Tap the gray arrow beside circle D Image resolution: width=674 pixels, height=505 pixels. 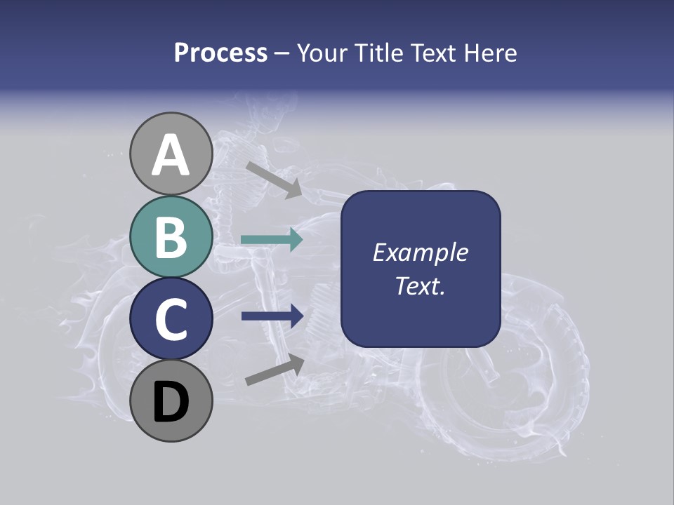(x=274, y=371)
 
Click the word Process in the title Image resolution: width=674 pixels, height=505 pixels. (x=220, y=53)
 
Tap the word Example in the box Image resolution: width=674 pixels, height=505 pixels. (x=420, y=252)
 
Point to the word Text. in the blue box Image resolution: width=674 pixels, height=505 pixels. (x=420, y=285)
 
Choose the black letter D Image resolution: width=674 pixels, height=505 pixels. (x=171, y=403)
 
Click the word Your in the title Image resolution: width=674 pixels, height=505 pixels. (x=322, y=53)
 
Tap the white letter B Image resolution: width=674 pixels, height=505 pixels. (x=171, y=237)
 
